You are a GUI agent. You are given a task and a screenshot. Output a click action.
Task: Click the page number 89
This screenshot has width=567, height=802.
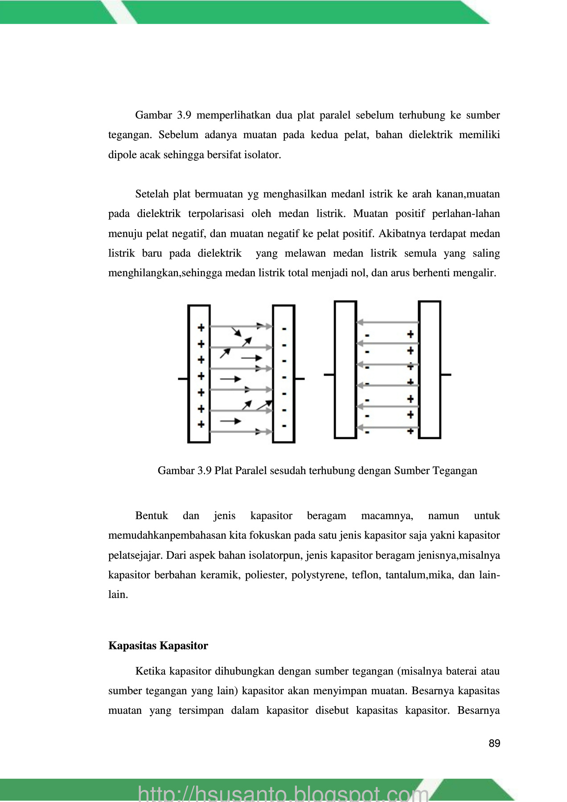point(494,743)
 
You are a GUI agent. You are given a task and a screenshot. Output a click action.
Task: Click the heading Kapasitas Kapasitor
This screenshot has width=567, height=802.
point(158,646)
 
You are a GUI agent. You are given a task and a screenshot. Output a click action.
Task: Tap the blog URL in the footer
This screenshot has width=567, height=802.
point(283,793)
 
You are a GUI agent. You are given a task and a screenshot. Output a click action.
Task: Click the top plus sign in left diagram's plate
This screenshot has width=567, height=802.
point(201,327)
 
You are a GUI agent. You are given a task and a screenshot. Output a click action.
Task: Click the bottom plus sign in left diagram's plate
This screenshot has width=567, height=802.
point(201,424)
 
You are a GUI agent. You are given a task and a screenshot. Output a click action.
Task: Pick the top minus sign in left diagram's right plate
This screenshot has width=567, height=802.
point(284,329)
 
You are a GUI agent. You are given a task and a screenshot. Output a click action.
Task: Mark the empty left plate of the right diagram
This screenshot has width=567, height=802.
point(345,370)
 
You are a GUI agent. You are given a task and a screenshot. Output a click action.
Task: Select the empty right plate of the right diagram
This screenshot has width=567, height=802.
point(430,370)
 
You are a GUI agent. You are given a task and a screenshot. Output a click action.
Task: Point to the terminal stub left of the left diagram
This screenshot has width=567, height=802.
point(183,379)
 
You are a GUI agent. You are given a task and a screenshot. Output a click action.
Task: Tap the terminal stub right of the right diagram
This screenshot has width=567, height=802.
point(446,375)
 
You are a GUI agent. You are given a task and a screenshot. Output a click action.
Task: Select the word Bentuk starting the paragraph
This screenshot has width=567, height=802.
point(152,516)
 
